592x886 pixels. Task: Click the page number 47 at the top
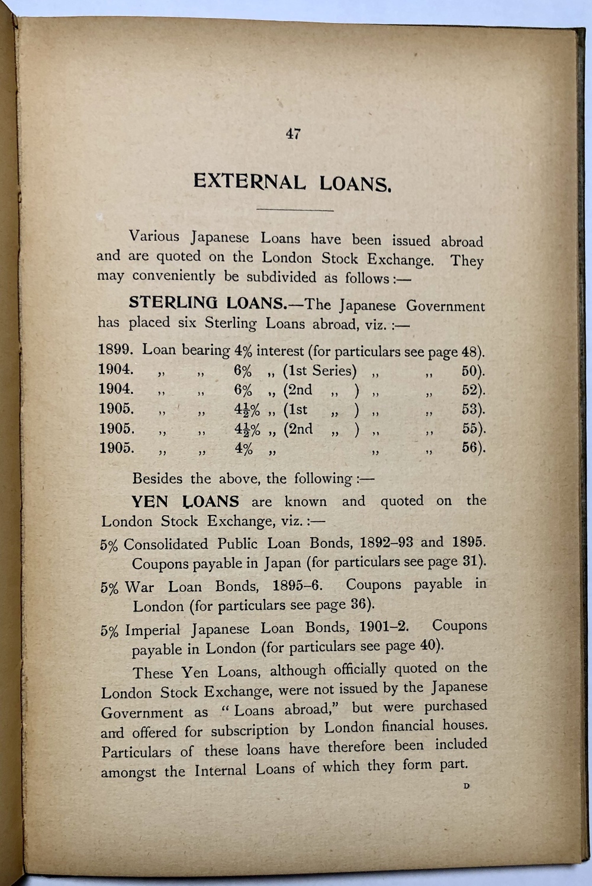(293, 134)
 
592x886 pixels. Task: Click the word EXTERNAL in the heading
(249, 181)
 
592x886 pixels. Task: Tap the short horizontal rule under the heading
(295, 210)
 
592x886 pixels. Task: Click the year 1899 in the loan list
(115, 350)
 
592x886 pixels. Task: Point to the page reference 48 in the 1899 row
(469, 352)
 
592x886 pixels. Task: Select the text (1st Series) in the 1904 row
(320, 370)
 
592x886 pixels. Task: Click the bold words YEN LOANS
(185, 501)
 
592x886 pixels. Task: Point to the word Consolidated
(166, 544)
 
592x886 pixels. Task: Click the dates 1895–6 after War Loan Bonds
(297, 585)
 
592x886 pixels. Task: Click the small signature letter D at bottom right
(466, 786)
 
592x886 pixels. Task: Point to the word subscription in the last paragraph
(249, 730)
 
